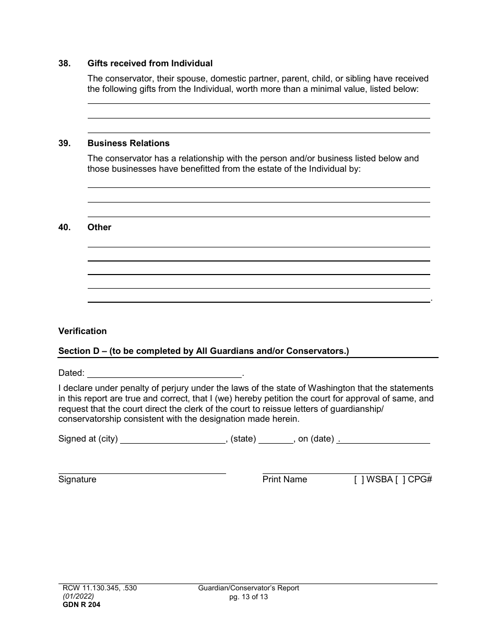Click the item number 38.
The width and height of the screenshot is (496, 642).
[x=64, y=64]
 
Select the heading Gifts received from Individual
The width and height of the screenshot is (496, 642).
[x=150, y=64]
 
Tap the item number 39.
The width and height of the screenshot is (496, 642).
[x=64, y=144]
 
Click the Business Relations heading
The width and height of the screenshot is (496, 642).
[x=128, y=144]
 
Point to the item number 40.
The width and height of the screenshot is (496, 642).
[x=64, y=228]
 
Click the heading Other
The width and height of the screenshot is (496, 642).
[x=99, y=228]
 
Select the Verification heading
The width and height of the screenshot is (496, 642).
[x=82, y=331]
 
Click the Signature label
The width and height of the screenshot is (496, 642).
[x=77, y=480]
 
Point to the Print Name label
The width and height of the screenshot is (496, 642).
[x=285, y=480]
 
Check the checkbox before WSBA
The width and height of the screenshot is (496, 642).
[x=359, y=480]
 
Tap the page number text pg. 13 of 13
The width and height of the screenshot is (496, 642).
[x=249, y=597]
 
